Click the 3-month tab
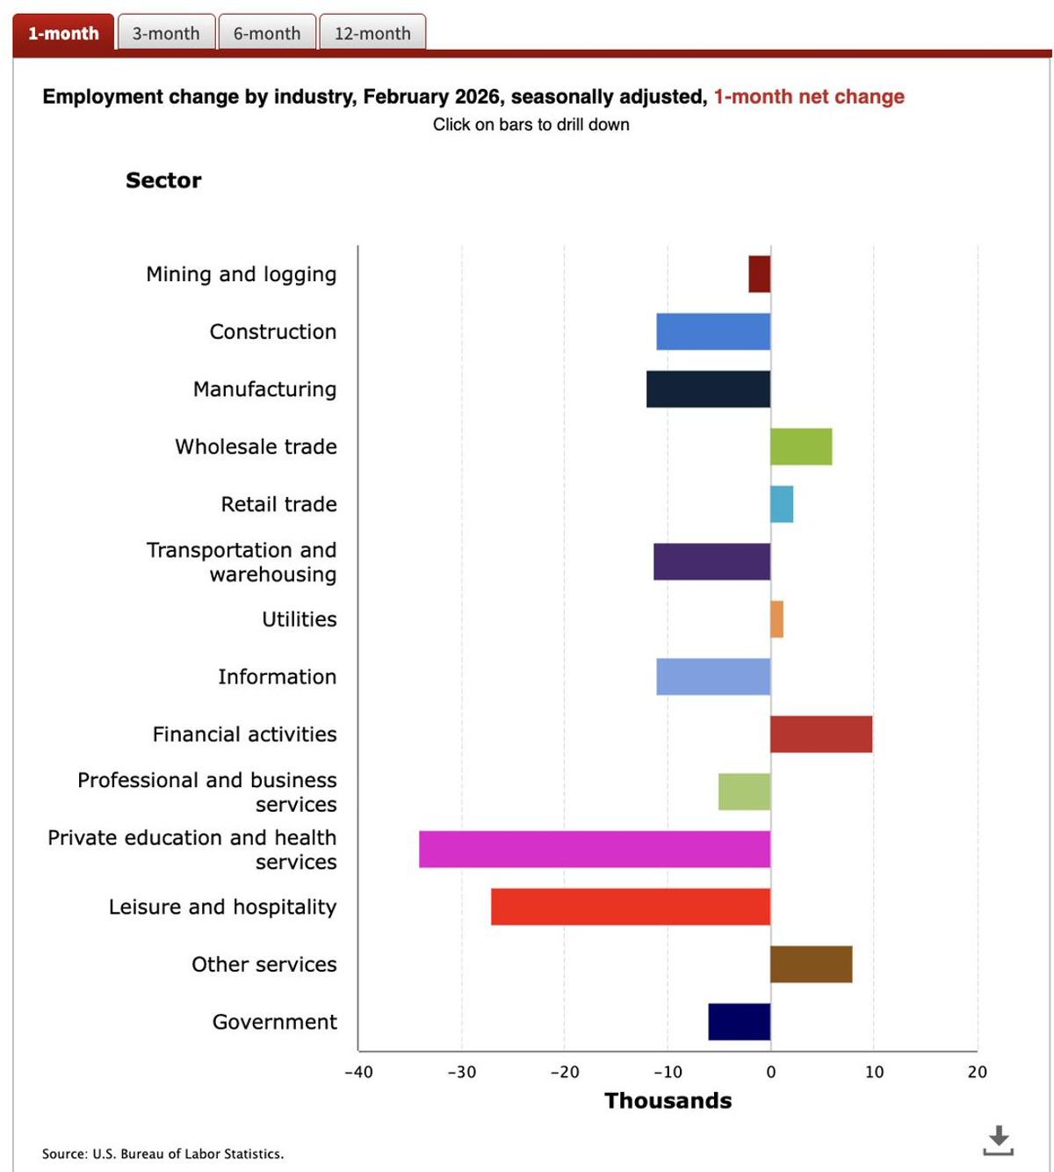(x=166, y=33)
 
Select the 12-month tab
(x=372, y=33)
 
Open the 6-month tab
(x=267, y=33)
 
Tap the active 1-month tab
(x=63, y=33)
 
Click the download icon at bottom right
(x=998, y=1140)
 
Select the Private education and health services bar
(x=595, y=850)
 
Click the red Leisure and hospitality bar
(x=631, y=907)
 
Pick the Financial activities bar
(x=821, y=734)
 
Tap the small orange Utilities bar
(x=776, y=619)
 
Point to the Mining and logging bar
(x=760, y=274)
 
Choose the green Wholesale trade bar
(x=801, y=446)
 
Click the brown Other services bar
(x=811, y=965)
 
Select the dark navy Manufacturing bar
(x=708, y=389)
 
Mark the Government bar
(x=740, y=1022)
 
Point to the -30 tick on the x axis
(x=461, y=1072)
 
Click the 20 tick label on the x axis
(x=977, y=1072)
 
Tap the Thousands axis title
(x=668, y=1101)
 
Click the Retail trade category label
(x=278, y=504)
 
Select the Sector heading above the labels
(x=163, y=180)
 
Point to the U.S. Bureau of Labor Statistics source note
(x=162, y=1154)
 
